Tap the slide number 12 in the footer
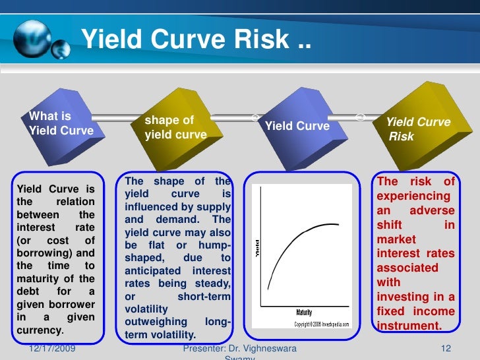[x=444, y=347]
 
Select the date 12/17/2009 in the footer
[x=52, y=347]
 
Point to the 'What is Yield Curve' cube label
[x=61, y=123]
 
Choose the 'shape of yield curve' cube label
[x=175, y=127]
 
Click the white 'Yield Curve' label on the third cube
[x=297, y=125]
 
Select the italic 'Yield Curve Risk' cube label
[x=417, y=129]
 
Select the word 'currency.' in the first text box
[x=40, y=330]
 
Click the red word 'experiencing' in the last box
[x=413, y=196]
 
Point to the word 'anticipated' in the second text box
[x=152, y=271]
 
